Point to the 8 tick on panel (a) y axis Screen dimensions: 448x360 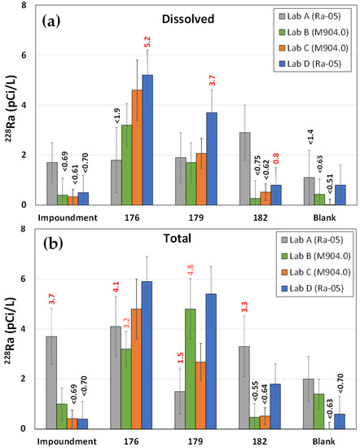tap(25, 6)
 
